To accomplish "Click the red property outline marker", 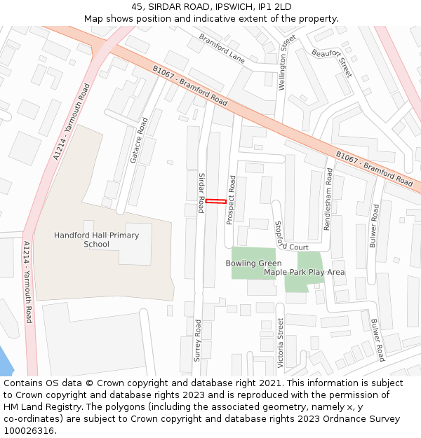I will tap(216, 202).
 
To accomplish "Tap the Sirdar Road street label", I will tap(201, 193).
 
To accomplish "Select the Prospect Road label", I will tap(232, 200).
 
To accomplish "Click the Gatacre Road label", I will tap(139, 140).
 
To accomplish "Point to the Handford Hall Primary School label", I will tap(96, 240).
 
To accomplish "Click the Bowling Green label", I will tap(253, 264).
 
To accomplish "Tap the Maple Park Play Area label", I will tap(304, 272).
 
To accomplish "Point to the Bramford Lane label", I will tap(222, 48).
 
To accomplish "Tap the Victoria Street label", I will tap(281, 343).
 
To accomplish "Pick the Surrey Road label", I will tap(198, 341).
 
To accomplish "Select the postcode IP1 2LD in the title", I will tap(274, 6).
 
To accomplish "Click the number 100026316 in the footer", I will tap(29, 430).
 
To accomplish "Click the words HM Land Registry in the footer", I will tap(38, 406).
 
